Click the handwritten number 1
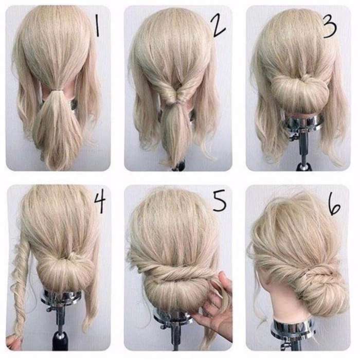coord(97,26)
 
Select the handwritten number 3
coord(330,26)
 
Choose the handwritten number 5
coord(219,202)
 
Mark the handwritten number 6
coord(334,204)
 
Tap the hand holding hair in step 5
coord(213,305)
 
